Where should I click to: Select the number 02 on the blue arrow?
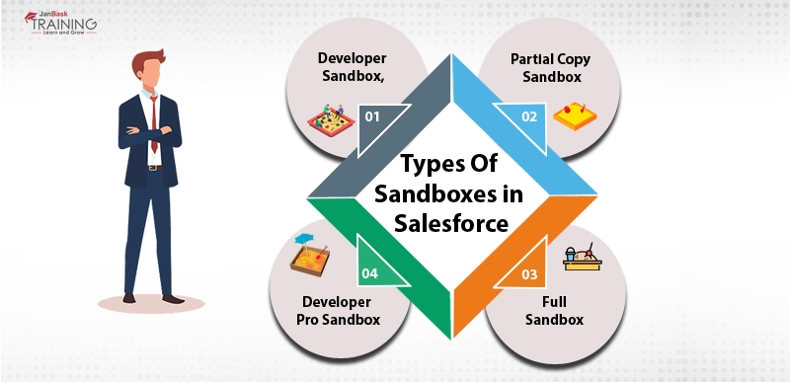[x=530, y=116]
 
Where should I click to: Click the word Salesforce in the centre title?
[x=452, y=223]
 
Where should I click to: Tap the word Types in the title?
[x=422, y=164]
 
